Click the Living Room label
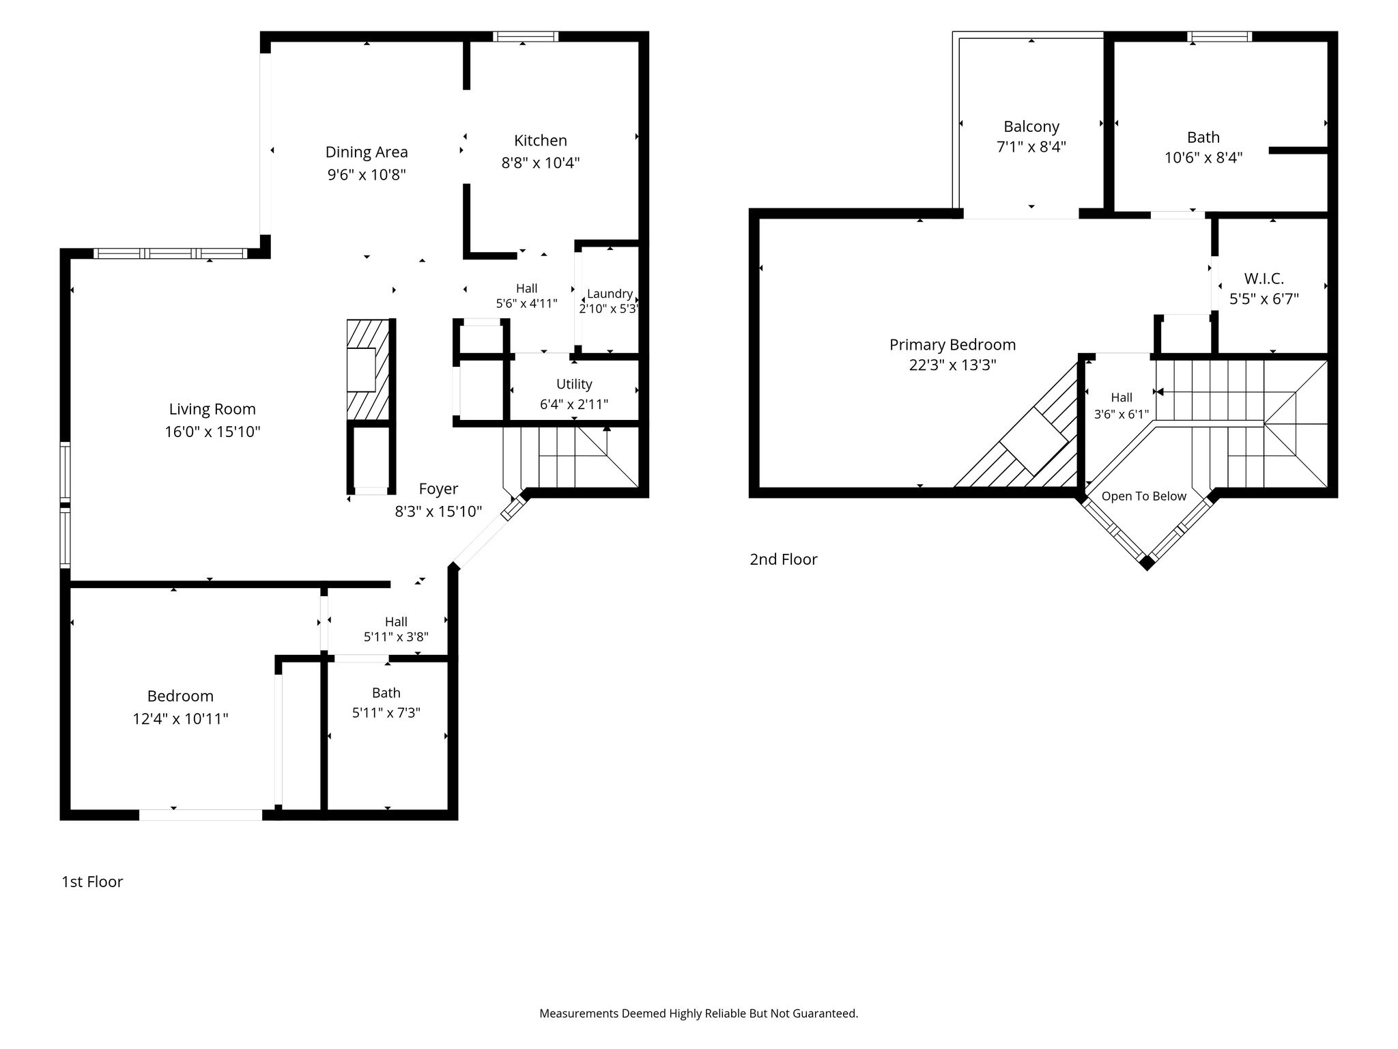click(212, 409)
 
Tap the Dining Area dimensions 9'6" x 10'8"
click(367, 174)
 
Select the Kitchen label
click(541, 141)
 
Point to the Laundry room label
click(610, 294)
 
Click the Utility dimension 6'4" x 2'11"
click(574, 404)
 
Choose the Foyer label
click(438, 489)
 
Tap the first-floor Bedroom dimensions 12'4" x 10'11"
click(180, 718)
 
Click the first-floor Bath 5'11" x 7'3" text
click(386, 703)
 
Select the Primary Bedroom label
click(952, 345)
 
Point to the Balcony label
click(1031, 126)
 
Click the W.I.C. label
click(1264, 279)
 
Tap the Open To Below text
click(1144, 496)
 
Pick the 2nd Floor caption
click(784, 559)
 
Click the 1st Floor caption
click(92, 882)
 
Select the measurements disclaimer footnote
click(698, 1013)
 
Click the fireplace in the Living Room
click(368, 369)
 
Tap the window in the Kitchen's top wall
click(526, 37)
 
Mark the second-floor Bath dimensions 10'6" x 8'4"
click(1203, 158)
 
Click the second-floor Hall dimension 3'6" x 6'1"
click(1122, 414)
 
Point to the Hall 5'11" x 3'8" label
click(396, 629)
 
